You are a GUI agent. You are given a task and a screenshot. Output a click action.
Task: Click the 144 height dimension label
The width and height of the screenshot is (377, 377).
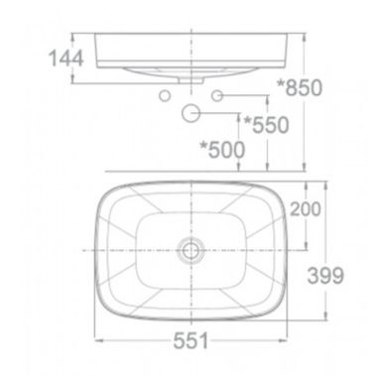(x=65, y=59)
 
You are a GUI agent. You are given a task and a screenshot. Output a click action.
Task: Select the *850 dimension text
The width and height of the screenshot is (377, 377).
(x=300, y=87)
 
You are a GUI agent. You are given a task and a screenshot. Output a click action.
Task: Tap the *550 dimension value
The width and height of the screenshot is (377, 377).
(x=267, y=125)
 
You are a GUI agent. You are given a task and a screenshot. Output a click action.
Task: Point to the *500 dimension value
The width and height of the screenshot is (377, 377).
(x=222, y=149)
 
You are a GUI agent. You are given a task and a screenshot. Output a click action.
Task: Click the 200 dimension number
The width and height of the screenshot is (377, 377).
(x=306, y=209)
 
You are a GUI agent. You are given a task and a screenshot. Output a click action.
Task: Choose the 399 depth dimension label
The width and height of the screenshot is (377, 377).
(x=325, y=275)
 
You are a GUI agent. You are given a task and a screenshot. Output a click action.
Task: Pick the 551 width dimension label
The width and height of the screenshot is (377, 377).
(x=191, y=340)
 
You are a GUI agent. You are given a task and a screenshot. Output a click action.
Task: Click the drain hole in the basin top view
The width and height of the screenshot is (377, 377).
(x=191, y=250)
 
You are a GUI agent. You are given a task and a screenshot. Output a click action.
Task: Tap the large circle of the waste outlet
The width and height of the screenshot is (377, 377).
(x=190, y=113)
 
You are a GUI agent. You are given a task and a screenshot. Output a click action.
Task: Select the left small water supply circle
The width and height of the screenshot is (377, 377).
(x=165, y=96)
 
